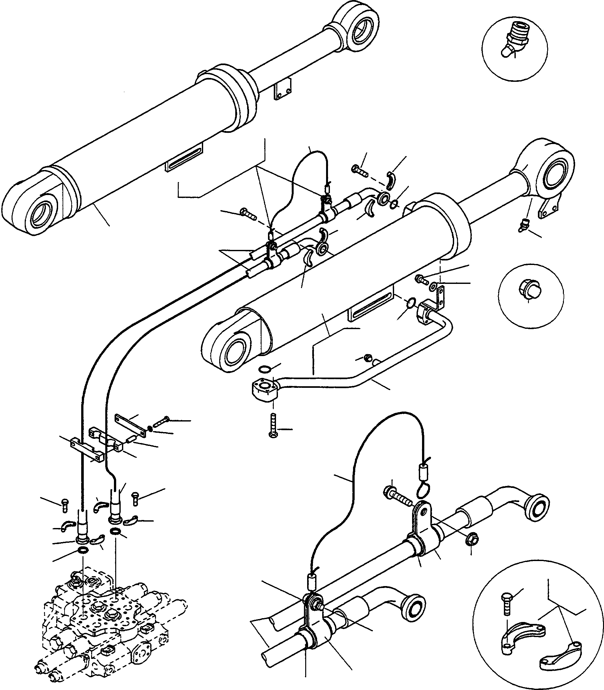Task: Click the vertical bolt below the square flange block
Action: [x=273, y=427]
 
